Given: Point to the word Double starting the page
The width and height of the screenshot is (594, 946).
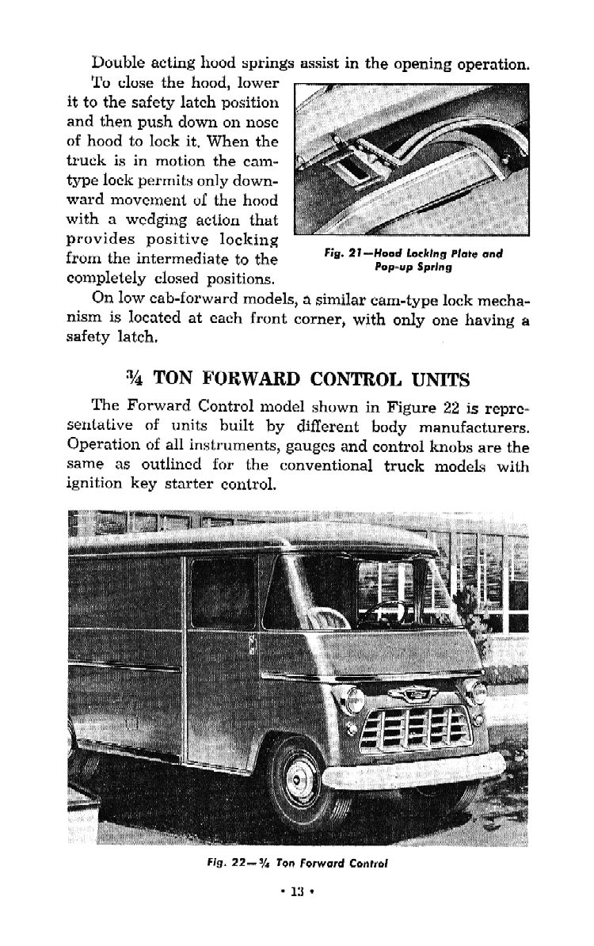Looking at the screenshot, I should click(x=119, y=63).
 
